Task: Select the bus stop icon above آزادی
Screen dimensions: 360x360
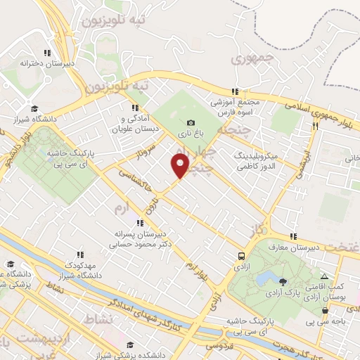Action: click(x=242, y=256)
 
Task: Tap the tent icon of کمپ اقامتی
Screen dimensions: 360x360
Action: click(x=323, y=277)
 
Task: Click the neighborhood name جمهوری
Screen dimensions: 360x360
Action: click(x=247, y=60)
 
